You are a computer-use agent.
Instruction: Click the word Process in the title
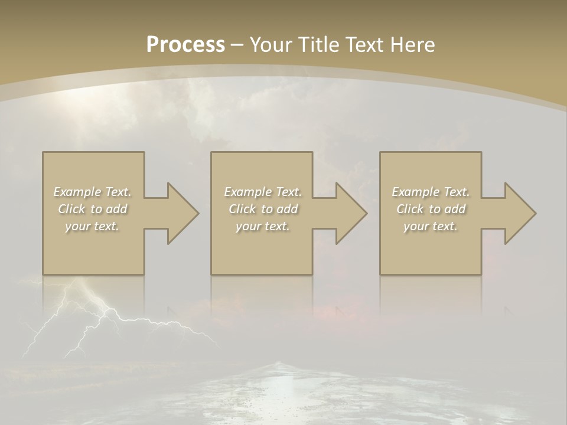tap(185, 45)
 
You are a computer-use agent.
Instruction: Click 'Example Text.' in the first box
tap(92, 192)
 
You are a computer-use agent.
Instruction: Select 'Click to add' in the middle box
tap(263, 209)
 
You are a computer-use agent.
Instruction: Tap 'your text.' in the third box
tap(430, 226)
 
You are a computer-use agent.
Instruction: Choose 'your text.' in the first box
tap(92, 226)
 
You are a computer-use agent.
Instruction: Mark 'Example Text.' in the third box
tap(431, 192)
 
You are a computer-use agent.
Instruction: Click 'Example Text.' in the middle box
tap(263, 192)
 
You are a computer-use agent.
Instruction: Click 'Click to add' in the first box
tap(92, 209)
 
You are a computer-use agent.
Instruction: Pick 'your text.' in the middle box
tap(263, 226)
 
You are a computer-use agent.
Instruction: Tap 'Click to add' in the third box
tap(431, 209)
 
